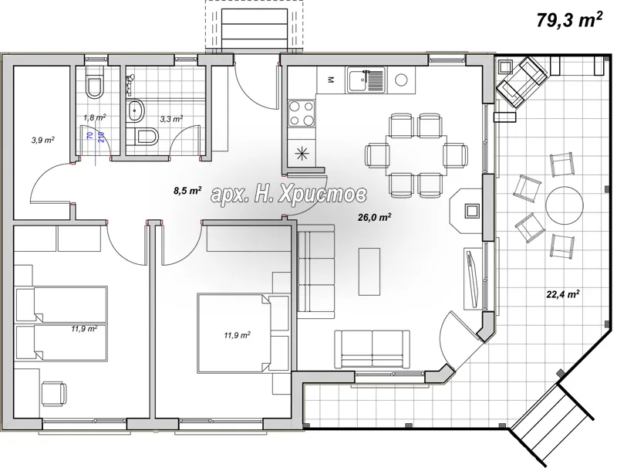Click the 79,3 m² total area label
click(569, 21)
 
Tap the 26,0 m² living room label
click(374, 217)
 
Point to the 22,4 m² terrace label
click(562, 293)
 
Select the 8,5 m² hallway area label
click(187, 191)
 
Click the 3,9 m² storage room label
click(42, 140)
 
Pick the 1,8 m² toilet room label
click(94, 117)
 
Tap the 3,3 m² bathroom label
click(171, 118)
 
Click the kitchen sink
click(366, 80)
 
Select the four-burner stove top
click(302, 113)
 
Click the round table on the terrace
click(564, 205)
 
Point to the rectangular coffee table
click(369, 271)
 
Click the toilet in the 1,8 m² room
click(94, 84)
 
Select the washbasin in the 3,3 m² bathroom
click(136, 110)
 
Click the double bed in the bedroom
click(234, 333)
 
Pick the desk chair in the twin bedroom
click(54, 393)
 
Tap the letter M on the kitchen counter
click(331, 80)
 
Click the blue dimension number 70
click(90, 135)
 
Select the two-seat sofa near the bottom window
click(373, 349)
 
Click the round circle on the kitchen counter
click(401, 80)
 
